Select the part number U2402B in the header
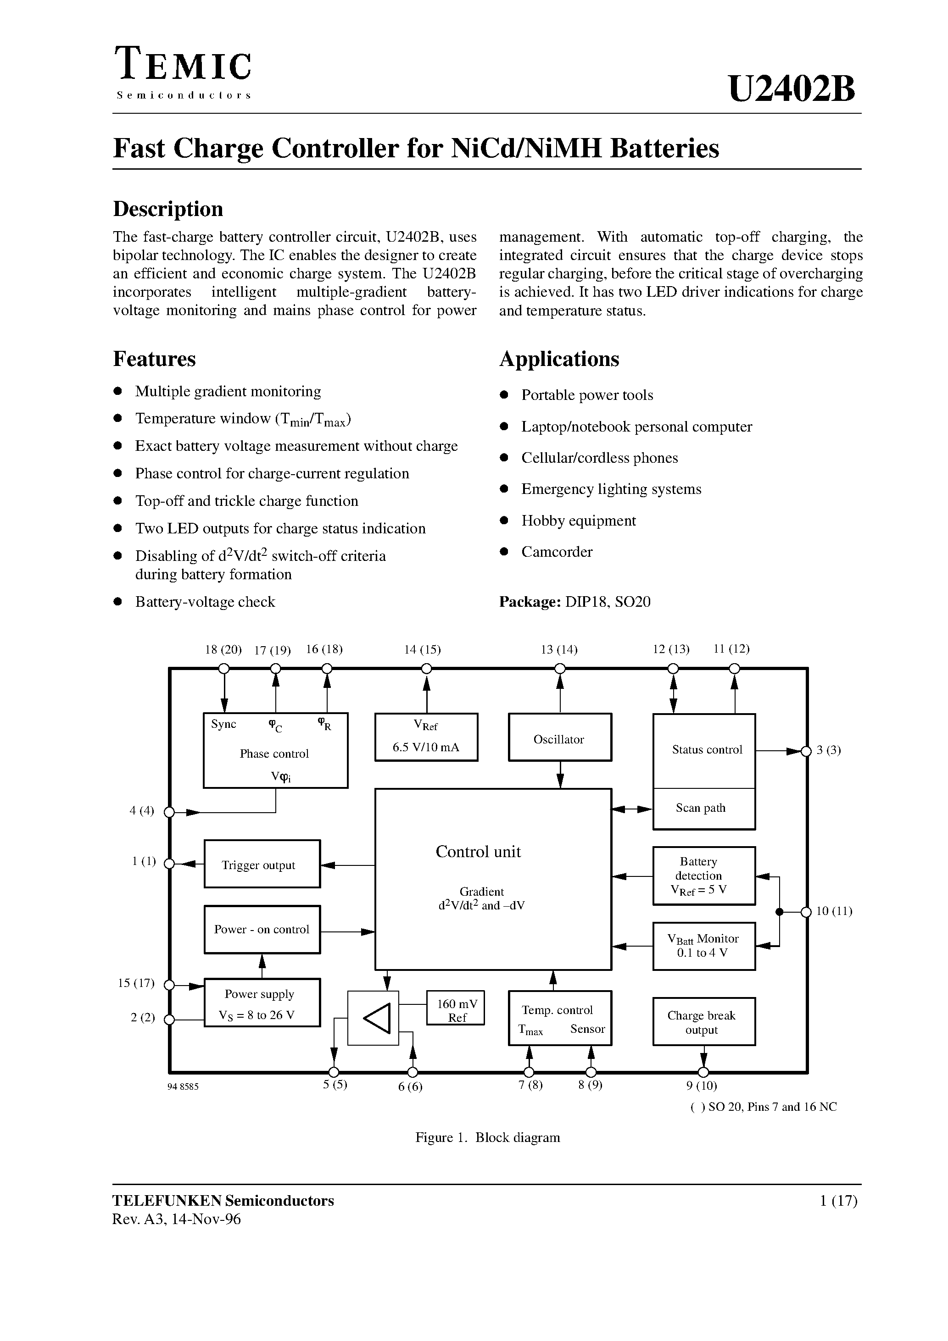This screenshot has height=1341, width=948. point(792,89)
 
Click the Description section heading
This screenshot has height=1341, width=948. point(168,209)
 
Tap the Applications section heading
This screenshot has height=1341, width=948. point(559,359)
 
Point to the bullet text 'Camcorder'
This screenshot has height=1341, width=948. point(557,552)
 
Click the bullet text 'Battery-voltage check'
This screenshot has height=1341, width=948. point(205,602)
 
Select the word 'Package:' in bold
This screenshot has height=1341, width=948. point(530,602)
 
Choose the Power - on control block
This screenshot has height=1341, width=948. point(262,929)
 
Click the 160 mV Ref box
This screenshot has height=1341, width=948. point(457,1010)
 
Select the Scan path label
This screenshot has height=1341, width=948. point(700,808)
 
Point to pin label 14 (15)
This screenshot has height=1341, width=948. point(422,649)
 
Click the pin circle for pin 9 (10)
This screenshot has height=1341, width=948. point(703,1072)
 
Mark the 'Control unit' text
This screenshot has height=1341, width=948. point(478,852)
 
